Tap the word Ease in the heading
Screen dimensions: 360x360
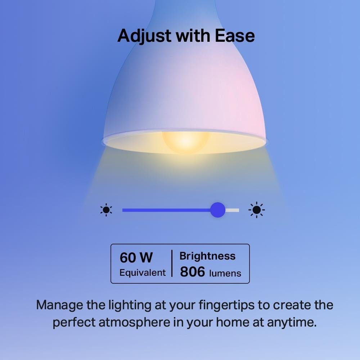(x=235, y=36)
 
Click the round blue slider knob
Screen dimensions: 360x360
(x=217, y=210)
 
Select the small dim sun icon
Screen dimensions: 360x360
(x=106, y=210)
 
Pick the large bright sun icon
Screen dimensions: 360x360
(x=257, y=210)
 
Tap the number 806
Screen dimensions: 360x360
(x=192, y=272)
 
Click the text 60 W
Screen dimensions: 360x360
(x=136, y=257)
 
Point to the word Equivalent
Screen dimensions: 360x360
(x=143, y=273)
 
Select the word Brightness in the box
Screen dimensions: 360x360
(x=207, y=256)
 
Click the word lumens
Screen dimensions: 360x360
(x=225, y=273)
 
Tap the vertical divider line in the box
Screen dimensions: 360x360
(x=172, y=264)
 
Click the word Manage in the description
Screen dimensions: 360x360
(x=60, y=305)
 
